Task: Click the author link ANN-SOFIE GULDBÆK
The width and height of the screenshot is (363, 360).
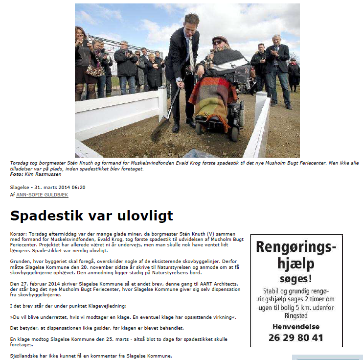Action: tap(42, 194)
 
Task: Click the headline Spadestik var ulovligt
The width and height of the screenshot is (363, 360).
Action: tap(91, 216)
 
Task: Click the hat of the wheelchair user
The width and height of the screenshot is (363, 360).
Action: tap(220, 39)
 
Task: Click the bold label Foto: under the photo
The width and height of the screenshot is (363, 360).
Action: tap(17, 174)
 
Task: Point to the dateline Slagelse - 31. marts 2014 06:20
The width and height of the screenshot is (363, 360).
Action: tap(48, 187)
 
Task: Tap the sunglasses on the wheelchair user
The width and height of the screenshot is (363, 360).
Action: tap(217, 43)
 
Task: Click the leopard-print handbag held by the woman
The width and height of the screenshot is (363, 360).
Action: tap(94, 71)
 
